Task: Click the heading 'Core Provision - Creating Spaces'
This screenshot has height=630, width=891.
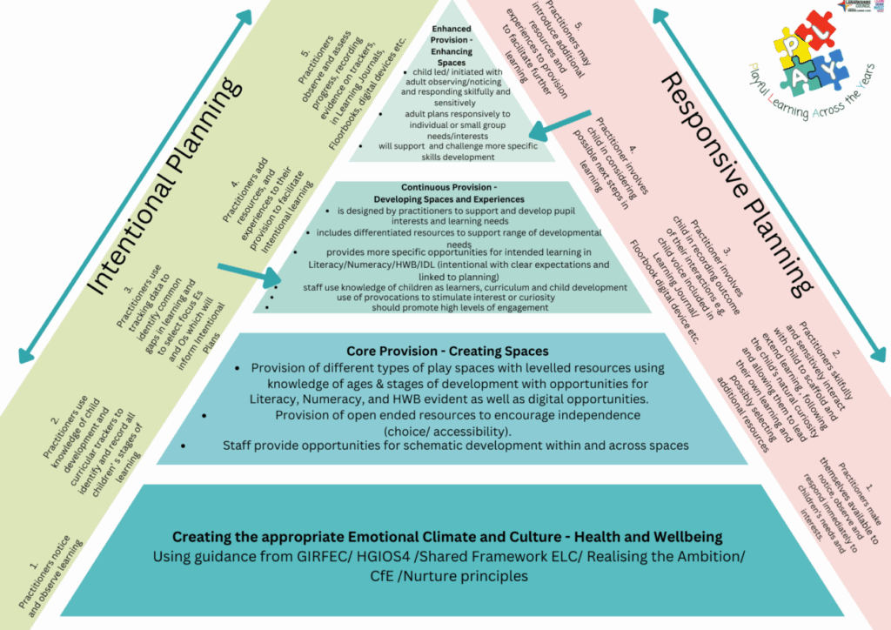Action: (446, 351)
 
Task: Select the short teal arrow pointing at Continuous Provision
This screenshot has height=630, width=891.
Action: (245, 271)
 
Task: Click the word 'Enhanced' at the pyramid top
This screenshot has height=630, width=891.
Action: (452, 29)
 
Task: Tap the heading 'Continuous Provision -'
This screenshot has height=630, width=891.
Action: (448, 187)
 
